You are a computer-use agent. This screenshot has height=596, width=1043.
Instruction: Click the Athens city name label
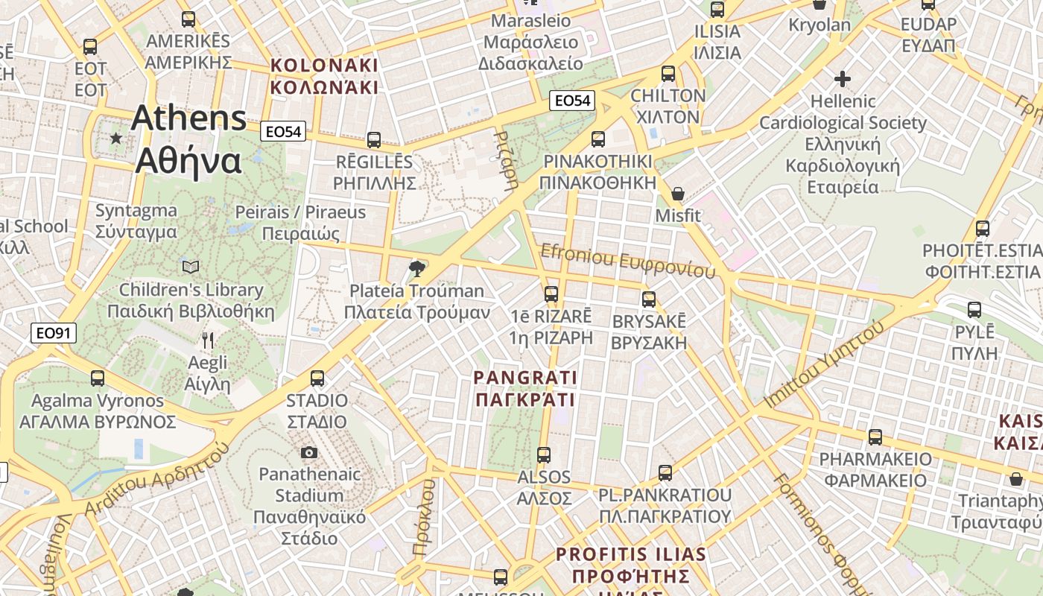[x=188, y=139]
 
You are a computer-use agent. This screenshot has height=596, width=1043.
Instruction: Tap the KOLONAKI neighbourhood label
[x=324, y=76]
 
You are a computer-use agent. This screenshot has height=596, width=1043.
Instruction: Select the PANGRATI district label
[x=525, y=389]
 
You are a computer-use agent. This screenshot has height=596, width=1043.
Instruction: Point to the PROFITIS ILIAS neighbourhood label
[x=631, y=565]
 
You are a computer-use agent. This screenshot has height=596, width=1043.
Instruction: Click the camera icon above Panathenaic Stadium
[x=308, y=452]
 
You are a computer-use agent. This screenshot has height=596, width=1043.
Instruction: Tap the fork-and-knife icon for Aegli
[x=208, y=341]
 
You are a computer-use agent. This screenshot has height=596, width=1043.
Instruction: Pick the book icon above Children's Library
[x=191, y=266]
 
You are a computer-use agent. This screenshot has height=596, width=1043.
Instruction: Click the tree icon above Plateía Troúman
[x=416, y=268]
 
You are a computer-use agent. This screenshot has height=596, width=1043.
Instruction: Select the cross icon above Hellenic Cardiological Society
[x=843, y=78]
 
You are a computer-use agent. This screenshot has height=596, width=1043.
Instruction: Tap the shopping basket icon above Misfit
[x=678, y=194]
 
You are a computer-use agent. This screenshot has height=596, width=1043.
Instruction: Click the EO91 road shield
[x=54, y=333]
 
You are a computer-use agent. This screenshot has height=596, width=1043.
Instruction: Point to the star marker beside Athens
[x=115, y=139]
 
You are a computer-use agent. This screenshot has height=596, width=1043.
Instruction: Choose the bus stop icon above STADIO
[x=317, y=378]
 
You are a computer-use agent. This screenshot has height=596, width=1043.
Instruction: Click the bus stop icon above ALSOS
[x=544, y=454]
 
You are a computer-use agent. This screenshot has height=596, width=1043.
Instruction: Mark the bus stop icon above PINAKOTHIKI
[x=597, y=139]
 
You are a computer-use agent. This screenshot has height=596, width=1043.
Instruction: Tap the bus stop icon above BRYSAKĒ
[x=649, y=299]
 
